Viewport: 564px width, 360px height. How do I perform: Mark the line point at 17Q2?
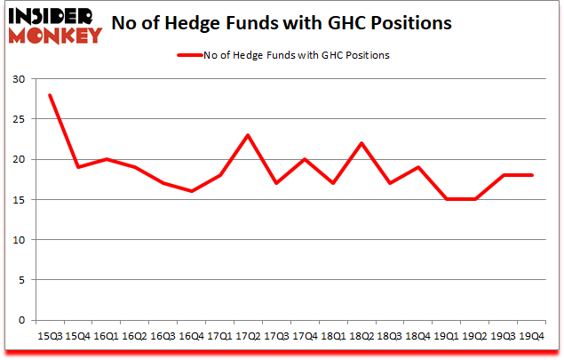coord(247,135)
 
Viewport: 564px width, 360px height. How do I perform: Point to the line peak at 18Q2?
coord(361,143)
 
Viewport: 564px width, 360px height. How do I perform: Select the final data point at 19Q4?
coord(531,175)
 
